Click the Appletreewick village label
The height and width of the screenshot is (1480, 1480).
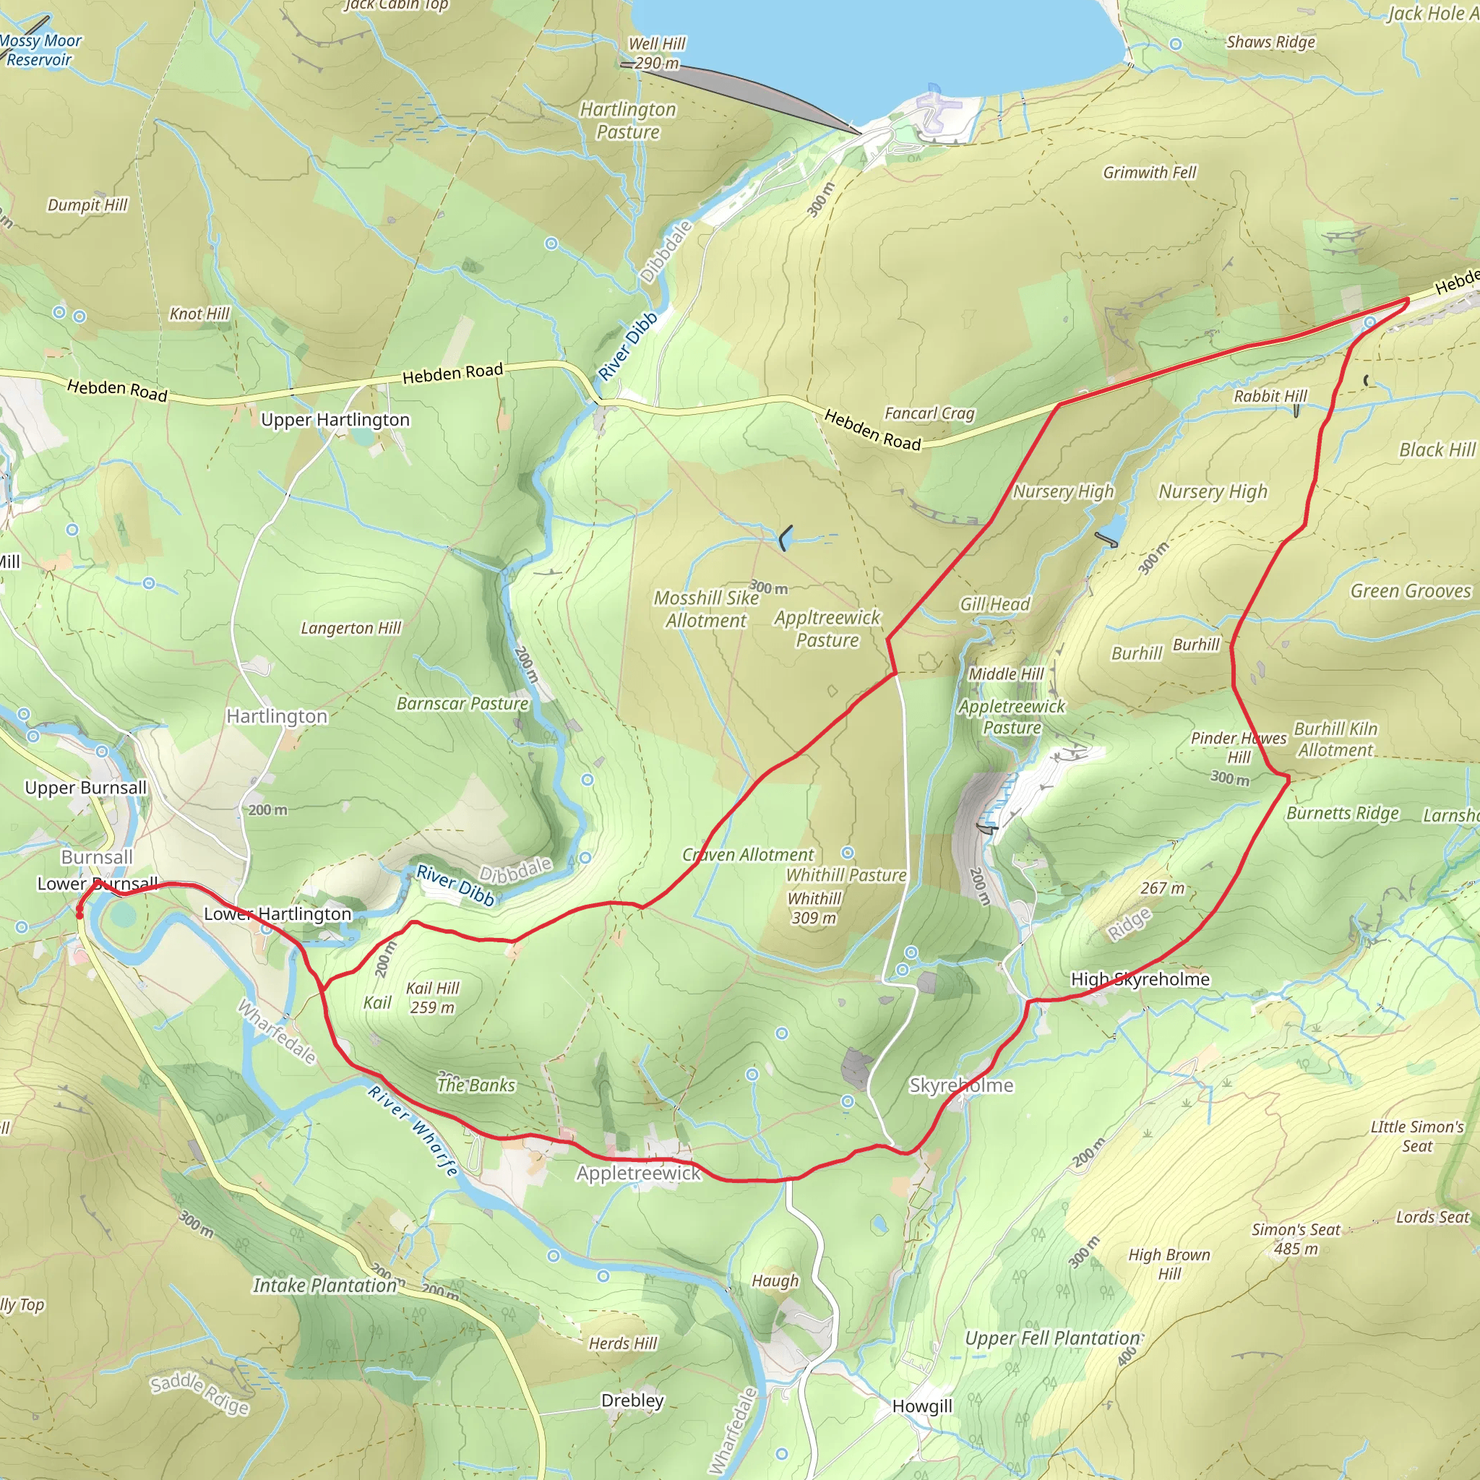pyautogui.click(x=638, y=1173)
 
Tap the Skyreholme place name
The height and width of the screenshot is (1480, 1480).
pyautogui.click(x=960, y=1085)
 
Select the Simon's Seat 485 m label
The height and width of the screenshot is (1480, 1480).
pyautogui.click(x=1296, y=1239)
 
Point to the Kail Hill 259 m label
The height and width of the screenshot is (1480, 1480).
pyautogui.click(x=432, y=997)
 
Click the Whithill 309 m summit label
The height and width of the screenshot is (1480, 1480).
pyautogui.click(x=814, y=907)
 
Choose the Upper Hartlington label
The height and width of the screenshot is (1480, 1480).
pyautogui.click(x=335, y=420)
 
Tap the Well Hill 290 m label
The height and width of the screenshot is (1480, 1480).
pyautogui.click(x=656, y=53)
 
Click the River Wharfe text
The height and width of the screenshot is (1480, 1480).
pyautogui.click(x=413, y=1130)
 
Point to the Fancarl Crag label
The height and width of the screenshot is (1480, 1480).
pyautogui.click(x=929, y=413)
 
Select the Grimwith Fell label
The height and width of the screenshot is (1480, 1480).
pyautogui.click(x=1149, y=173)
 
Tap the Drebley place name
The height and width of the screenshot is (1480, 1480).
pyautogui.click(x=632, y=1401)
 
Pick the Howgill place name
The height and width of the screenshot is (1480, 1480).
pyautogui.click(x=922, y=1406)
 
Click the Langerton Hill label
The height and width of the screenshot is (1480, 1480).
pyautogui.click(x=350, y=628)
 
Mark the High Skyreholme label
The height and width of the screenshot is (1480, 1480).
pyautogui.click(x=1140, y=979)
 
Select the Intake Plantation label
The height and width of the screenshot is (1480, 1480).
pyautogui.click(x=324, y=1286)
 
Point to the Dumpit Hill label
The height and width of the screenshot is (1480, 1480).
pyautogui.click(x=87, y=205)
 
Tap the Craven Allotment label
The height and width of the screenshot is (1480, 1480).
pyautogui.click(x=748, y=855)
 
